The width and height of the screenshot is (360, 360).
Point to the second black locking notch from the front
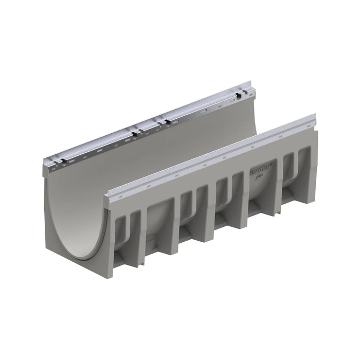(x=135, y=135)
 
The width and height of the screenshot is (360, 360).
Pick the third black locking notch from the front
(x=166, y=122)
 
